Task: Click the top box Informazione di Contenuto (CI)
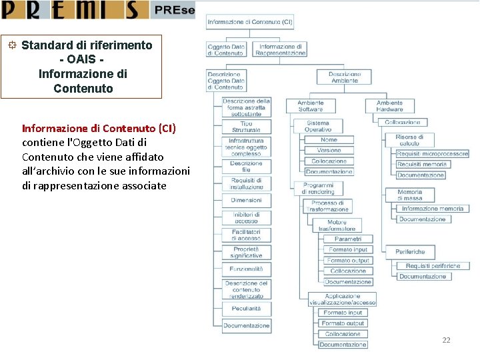pyautogui.click(x=250, y=22)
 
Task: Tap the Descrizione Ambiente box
pyautogui.click(x=345, y=77)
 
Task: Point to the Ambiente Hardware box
pyautogui.click(x=389, y=105)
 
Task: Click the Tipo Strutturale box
pyautogui.click(x=246, y=127)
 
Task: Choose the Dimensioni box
pyautogui.click(x=246, y=200)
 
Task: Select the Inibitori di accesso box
pyautogui.click(x=246, y=217)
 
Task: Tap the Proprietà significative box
pyautogui.click(x=246, y=252)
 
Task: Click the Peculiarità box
pyautogui.click(x=246, y=309)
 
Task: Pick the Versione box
pyautogui.click(x=329, y=151)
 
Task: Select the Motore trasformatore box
pyautogui.click(x=337, y=225)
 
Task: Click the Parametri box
pyautogui.click(x=348, y=239)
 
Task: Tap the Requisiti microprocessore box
pyautogui.click(x=432, y=154)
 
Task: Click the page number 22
pyautogui.click(x=446, y=340)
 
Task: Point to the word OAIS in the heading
pyautogui.click(x=83, y=60)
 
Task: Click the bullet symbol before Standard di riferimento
pyautogui.click(x=12, y=45)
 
